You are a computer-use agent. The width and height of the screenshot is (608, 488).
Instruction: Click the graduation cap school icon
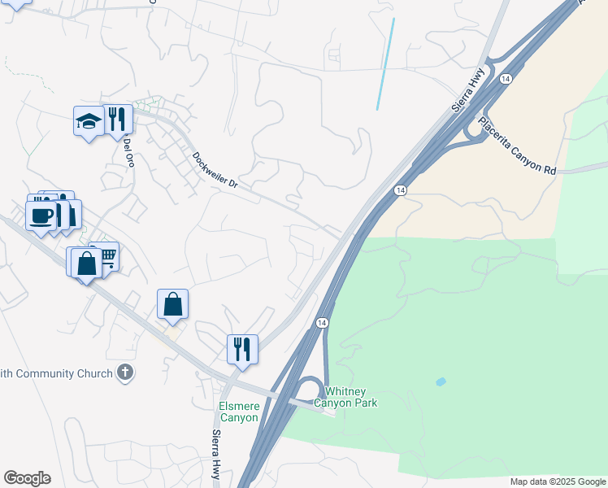pos(88,122)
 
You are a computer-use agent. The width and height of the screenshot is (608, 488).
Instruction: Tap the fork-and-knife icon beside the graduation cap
pos(118,120)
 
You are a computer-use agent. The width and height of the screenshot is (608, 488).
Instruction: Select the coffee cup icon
pos(41,216)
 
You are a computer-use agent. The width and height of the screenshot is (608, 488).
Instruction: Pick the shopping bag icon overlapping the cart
pos(85,263)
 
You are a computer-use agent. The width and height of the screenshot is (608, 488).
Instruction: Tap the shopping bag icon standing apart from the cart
pos(172,304)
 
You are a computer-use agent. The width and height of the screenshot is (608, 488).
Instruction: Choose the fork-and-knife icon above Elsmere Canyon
pos(242,348)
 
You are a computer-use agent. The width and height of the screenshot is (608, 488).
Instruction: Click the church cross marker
pos(124,373)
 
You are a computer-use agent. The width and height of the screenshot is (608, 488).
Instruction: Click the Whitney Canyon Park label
pos(351,397)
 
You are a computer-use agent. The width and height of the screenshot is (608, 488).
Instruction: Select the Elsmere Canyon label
pos(238,412)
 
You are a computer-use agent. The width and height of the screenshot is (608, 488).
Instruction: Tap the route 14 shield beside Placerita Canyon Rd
pos(506,79)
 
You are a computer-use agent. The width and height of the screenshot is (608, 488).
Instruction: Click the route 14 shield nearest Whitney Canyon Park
pos(323,323)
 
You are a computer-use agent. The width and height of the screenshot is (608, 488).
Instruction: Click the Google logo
pos(27,478)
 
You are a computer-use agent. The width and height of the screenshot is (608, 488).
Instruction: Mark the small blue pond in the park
pos(441,381)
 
